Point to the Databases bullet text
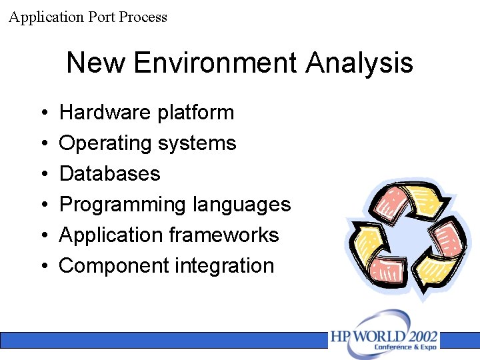coord(110,174)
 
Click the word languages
coord(241,205)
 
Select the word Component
coord(114,266)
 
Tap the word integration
coord(225,266)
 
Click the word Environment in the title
coord(215,63)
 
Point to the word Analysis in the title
coord(359,63)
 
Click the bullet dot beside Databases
coord(42,175)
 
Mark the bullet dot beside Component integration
coord(42,267)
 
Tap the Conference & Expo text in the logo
coord(405,347)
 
